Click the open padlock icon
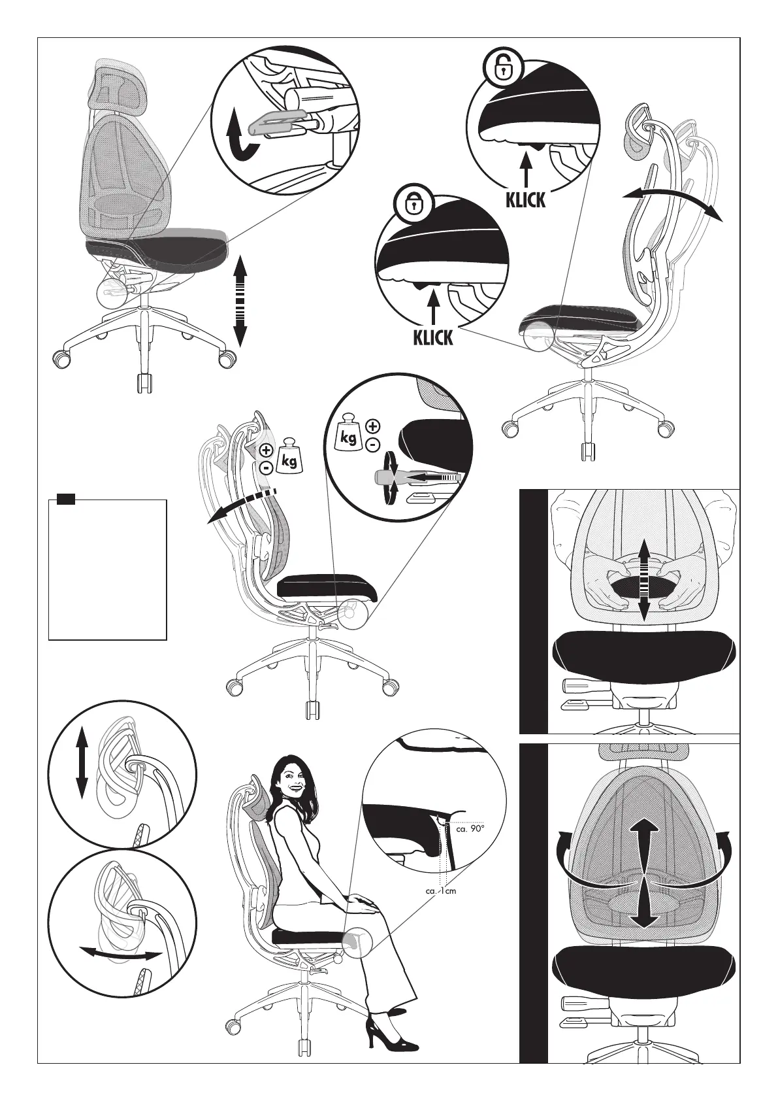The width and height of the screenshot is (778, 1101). coord(502,67)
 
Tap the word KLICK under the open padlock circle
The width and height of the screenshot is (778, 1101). coord(525,199)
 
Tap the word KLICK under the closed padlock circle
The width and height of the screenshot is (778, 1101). coord(432,337)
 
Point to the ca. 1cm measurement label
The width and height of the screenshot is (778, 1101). coord(440,891)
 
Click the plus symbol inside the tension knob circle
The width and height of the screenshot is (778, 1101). coord(372,427)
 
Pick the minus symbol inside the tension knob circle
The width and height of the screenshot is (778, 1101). coord(372,445)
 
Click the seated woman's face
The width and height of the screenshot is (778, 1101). coord(291,779)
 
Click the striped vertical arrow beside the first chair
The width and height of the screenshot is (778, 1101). coord(240,301)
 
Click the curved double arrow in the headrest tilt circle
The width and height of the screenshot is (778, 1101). coord(120,955)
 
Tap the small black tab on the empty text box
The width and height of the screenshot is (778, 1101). coord(65,500)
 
